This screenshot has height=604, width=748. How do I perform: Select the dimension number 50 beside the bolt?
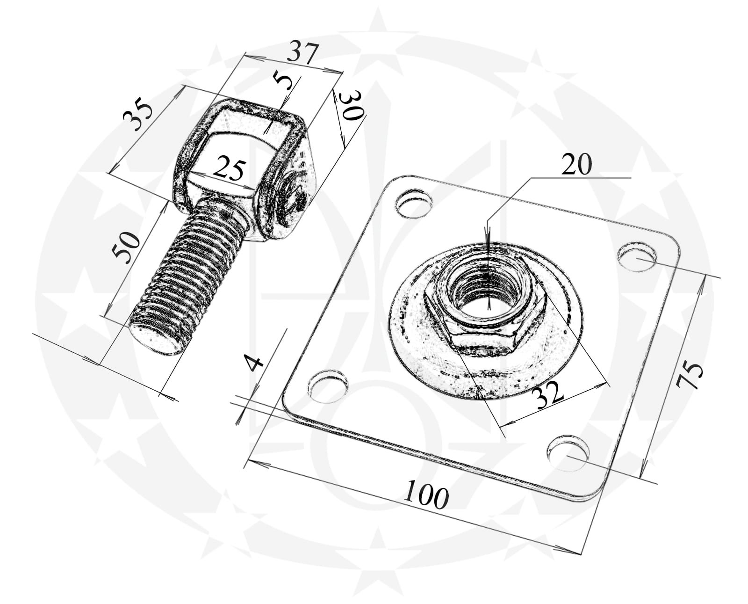click(x=126, y=247)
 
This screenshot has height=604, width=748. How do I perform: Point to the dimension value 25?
click(x=230, y=169)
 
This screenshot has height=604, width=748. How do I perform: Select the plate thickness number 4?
click(x=254, y=363)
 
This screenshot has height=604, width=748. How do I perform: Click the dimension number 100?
click(x=426, y=494)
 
